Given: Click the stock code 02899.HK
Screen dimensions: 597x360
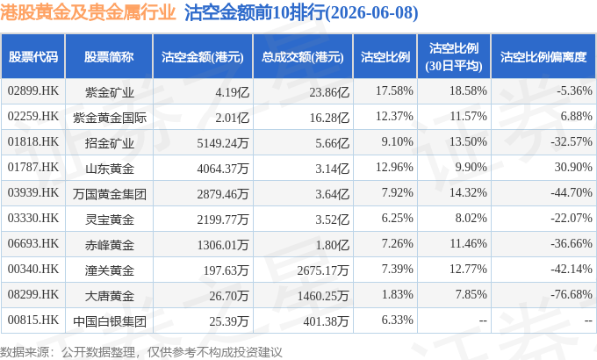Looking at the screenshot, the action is point(33,91).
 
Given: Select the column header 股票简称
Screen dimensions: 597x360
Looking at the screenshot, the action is point(109,57).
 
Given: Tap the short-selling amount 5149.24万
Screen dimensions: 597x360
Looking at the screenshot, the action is point(223,143).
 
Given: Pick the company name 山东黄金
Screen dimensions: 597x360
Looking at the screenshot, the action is point(110,169).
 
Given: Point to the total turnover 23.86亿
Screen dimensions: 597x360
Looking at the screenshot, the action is point(329,92).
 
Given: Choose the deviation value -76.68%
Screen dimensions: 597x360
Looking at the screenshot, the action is point(572,294).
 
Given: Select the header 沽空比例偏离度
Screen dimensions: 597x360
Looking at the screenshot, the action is point(543,57).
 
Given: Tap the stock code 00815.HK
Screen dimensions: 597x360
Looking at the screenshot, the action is point(33,320).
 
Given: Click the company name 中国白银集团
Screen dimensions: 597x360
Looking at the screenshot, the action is point(110,321).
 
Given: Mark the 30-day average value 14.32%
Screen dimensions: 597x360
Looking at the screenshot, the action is point(468,192).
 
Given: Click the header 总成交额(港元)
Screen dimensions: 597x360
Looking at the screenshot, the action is point(303,57).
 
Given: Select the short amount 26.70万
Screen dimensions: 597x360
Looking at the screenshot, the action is point(229,296).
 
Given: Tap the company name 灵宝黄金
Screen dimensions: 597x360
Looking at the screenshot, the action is point(110,220).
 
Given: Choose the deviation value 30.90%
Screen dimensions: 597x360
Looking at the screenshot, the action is point(573,167).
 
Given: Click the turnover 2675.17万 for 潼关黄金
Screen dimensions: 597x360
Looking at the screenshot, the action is point(323,270).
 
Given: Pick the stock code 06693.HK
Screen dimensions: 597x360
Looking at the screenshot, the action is point(33,243).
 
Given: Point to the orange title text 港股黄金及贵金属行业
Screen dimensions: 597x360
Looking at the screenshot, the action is point(88,12).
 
